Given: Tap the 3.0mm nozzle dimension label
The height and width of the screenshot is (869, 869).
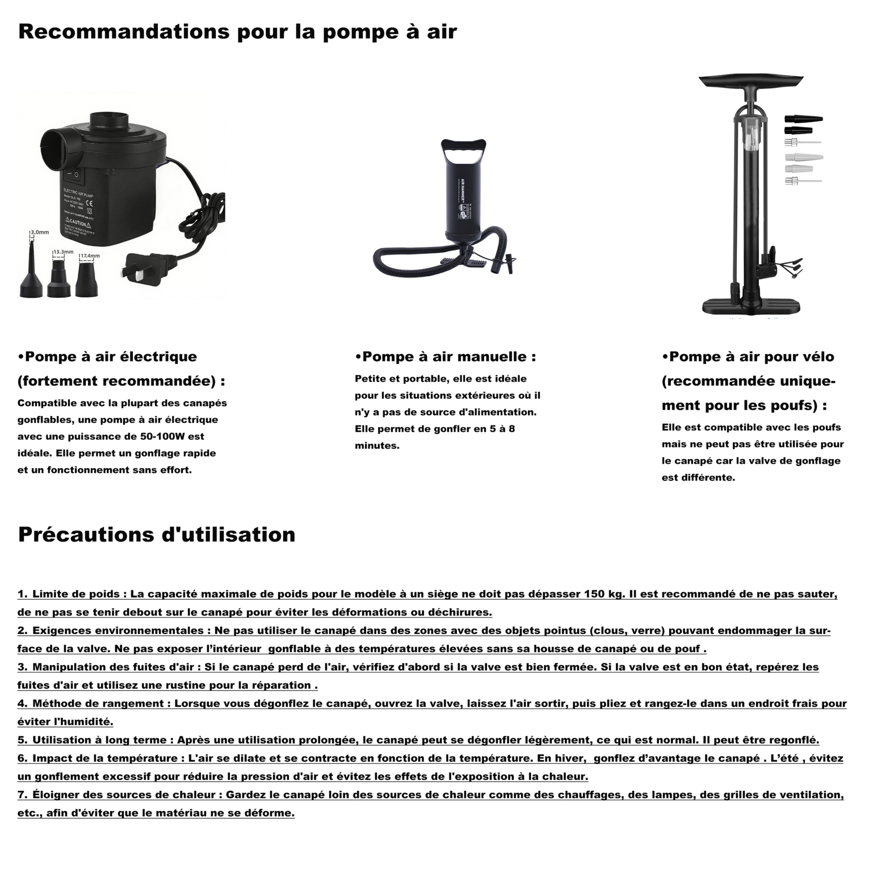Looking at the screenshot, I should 39,232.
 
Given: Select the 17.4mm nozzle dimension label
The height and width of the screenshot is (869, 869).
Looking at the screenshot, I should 90,256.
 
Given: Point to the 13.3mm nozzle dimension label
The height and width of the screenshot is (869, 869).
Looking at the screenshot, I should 63,251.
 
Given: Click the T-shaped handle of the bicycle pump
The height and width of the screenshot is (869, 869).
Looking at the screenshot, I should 750,82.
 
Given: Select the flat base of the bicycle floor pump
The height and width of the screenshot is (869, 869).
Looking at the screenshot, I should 750,307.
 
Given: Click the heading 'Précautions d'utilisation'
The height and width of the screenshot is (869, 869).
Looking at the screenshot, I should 156,535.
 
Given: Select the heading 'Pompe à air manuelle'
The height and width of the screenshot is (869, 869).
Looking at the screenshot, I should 445,357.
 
